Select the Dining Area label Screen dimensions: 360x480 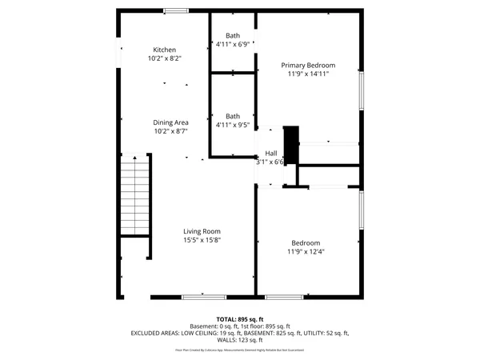(171, 122)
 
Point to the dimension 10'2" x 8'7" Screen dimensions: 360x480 (171, 131)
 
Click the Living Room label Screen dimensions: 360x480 (201, 231)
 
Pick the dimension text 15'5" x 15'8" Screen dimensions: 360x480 (201, 240)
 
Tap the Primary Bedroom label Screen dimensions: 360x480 (308, 65)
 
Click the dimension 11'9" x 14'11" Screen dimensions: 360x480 (308, 74)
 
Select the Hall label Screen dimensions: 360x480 (271, 153)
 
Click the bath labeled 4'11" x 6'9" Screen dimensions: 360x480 (233, 40)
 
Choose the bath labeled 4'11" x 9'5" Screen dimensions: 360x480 (233, 121)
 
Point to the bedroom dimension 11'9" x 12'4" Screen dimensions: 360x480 (306, 252)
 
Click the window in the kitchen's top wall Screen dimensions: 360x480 (176, 10)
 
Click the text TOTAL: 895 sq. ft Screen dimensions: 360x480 (240, 319)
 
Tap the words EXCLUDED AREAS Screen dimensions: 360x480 (155, 332)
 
